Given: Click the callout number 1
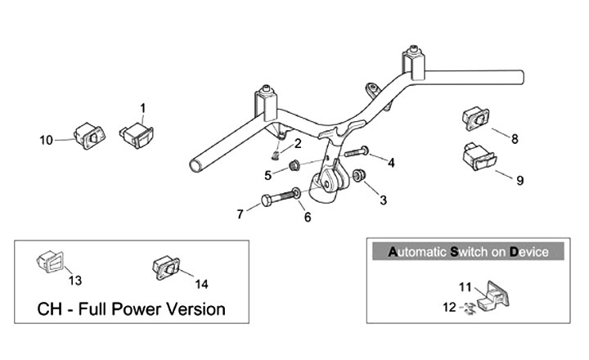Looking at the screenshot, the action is pos(142,109).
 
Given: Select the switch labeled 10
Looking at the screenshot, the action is pos(89,136).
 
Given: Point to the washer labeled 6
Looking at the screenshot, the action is pos(296,193).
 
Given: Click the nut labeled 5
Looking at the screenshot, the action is pos(294,165).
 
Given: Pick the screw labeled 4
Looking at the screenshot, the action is pos(356,152).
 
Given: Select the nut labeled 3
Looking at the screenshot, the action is pos(359,175).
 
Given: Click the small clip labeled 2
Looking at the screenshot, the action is pos(276,155).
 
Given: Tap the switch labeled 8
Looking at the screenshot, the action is pos(475,119).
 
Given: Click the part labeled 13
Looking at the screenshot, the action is pos(51,261).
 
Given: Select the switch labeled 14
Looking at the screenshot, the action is pos(166,268).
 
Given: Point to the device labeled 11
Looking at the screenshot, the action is pos(493,295).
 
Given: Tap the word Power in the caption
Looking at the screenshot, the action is pos(137,309).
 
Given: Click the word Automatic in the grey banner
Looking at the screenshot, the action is pos(417,252).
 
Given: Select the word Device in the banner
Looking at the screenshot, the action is pos(529,252).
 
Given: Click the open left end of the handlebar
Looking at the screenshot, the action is pos(196,166).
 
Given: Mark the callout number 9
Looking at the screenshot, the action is pos(520,181).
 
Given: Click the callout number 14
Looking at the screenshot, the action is pos(201,284).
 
